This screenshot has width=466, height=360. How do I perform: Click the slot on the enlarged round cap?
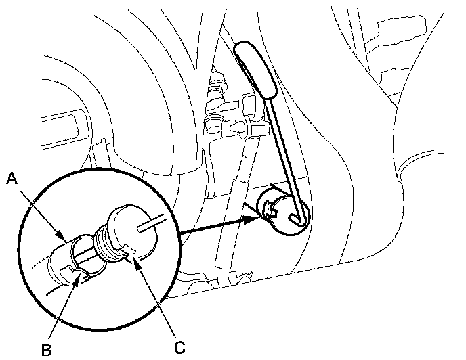tap(150, 223)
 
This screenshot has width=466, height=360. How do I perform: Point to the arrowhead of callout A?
tap(63, 238)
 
